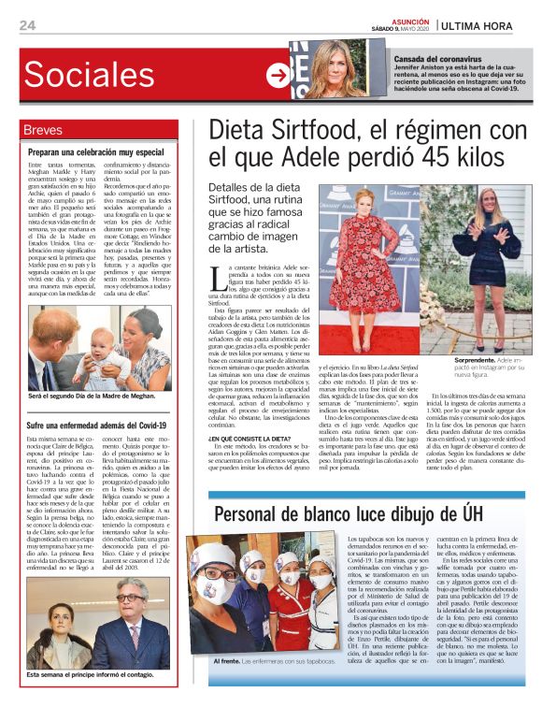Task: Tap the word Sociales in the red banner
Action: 89,76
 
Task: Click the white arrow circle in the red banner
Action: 278,76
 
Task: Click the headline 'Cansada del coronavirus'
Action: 441,59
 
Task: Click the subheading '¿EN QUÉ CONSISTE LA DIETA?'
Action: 246,439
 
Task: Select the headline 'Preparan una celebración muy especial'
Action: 95,151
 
